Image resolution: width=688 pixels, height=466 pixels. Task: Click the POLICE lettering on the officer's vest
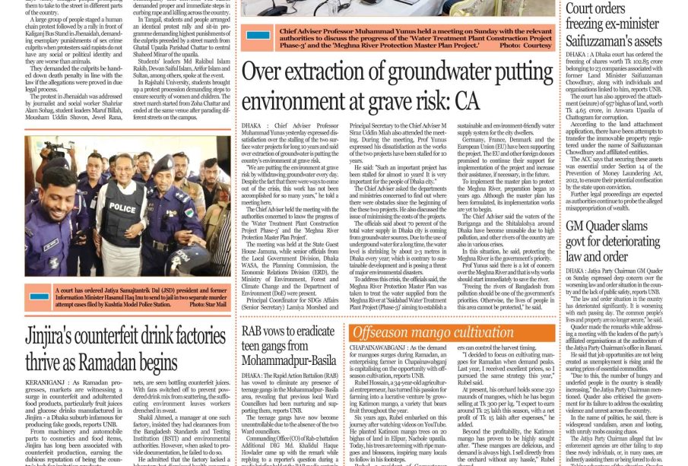122,208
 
